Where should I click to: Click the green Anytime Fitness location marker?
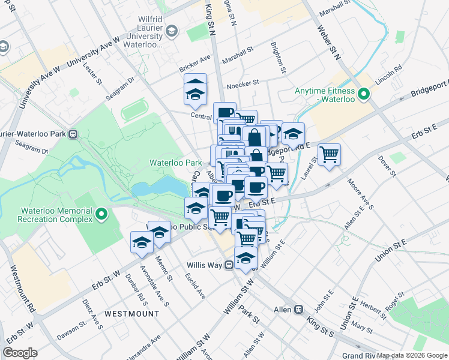[x=363, y=95]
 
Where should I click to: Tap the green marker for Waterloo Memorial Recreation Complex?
[x=101, y=213]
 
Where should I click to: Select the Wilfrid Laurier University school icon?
[x=172, y=31]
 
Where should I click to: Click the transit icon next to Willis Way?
[x=229, y=265]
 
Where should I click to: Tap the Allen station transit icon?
[x=298, y=309]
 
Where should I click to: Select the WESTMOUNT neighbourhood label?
[x=131, y=314]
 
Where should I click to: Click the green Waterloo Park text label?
[x=176, y=163]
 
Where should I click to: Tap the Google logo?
[x=20, y=353]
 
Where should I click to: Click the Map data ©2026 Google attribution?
[x=412, y=355]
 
